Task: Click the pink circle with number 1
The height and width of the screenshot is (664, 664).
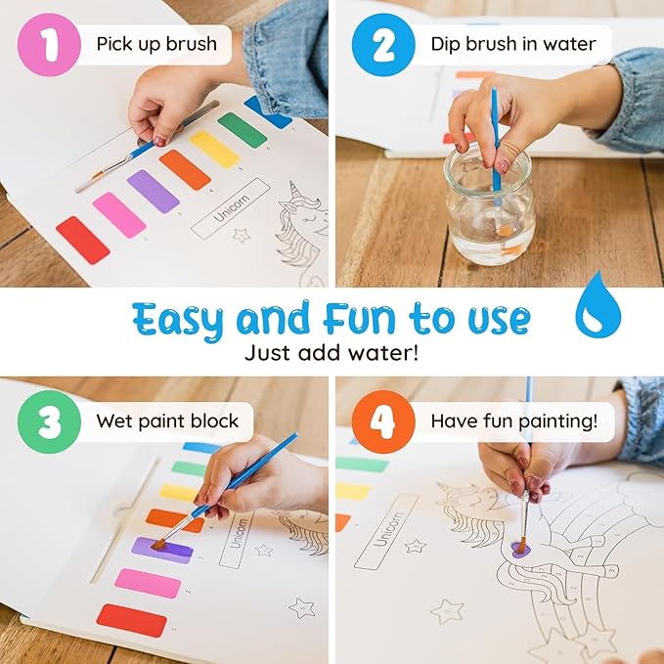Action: pyautogui.click(x=46, y=44)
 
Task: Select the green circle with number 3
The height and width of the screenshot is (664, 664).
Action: pyautogui.click(x=46, y=421)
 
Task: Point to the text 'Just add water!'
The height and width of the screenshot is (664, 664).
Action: pyautogui.click(x=332, y=352)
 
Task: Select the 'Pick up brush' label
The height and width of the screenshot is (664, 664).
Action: pyautogui.click(x=148, y=44)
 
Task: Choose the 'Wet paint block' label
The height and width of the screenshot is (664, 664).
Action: pyautogui.click(x=166, y=421)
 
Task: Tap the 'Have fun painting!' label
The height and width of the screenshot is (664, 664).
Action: pyautogui.click(x=514, y=421)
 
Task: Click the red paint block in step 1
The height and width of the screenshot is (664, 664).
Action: pyautogui.click(x=82, y=241)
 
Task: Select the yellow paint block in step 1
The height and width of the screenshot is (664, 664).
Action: pyautogui.click(x=214, y=149)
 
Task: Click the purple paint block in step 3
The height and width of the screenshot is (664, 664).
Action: pyautogui.click(x=161, y=550)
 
